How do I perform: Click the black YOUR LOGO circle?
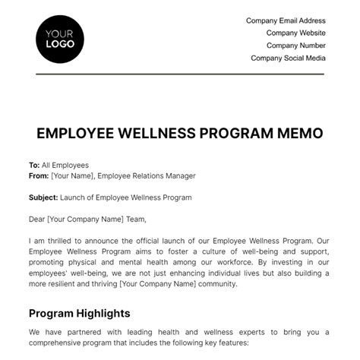(60, 39)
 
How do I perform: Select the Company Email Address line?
(285, 21)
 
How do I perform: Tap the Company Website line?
(295, 33)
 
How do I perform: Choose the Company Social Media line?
(288, 58)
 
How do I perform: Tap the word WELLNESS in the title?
(159, 134)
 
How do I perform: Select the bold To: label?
(34, 165)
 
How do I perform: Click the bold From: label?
(39, 175)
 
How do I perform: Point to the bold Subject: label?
(43, 197)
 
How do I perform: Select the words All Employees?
(65, 165)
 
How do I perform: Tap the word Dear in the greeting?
(38, 219)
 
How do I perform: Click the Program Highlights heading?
(79, 313)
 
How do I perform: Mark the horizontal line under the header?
(180, 74)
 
